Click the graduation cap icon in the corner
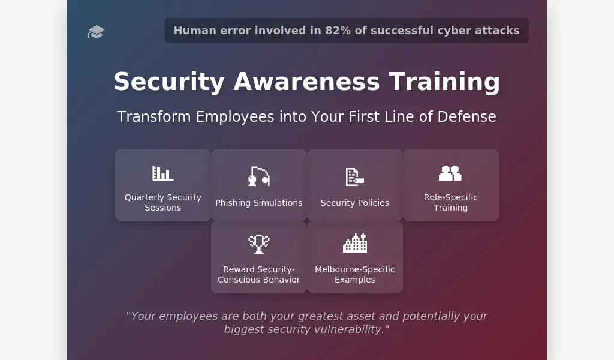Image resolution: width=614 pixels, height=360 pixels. (x=95, y=32)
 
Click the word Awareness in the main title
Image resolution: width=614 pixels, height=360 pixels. (x=306, y=82)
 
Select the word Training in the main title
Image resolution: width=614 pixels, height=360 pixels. (x=444, y=82)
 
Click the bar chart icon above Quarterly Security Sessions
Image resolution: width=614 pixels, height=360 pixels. (x=163, y=173)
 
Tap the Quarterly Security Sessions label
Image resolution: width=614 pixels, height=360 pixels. (x=163, y=203)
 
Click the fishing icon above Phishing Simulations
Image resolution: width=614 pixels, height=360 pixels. (x=259, y=176)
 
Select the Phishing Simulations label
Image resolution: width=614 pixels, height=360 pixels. (x=259, y=203)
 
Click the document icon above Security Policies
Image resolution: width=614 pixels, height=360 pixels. (x=355, y=176)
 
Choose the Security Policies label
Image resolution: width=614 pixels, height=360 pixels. (x=355, y=203)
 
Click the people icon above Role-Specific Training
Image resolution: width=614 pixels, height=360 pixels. (x=450, y=173)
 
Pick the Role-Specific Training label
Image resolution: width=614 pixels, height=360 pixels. (x=451, y=203)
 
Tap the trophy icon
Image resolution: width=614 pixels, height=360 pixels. (x=259, y=244)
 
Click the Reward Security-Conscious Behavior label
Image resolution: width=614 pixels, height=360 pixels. (x=259, y=275)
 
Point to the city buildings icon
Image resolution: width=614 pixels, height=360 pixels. (x=355, y=243)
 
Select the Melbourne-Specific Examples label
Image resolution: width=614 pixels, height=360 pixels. (x=355, y=275)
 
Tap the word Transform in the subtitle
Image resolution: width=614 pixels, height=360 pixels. (x=154, y=117)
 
